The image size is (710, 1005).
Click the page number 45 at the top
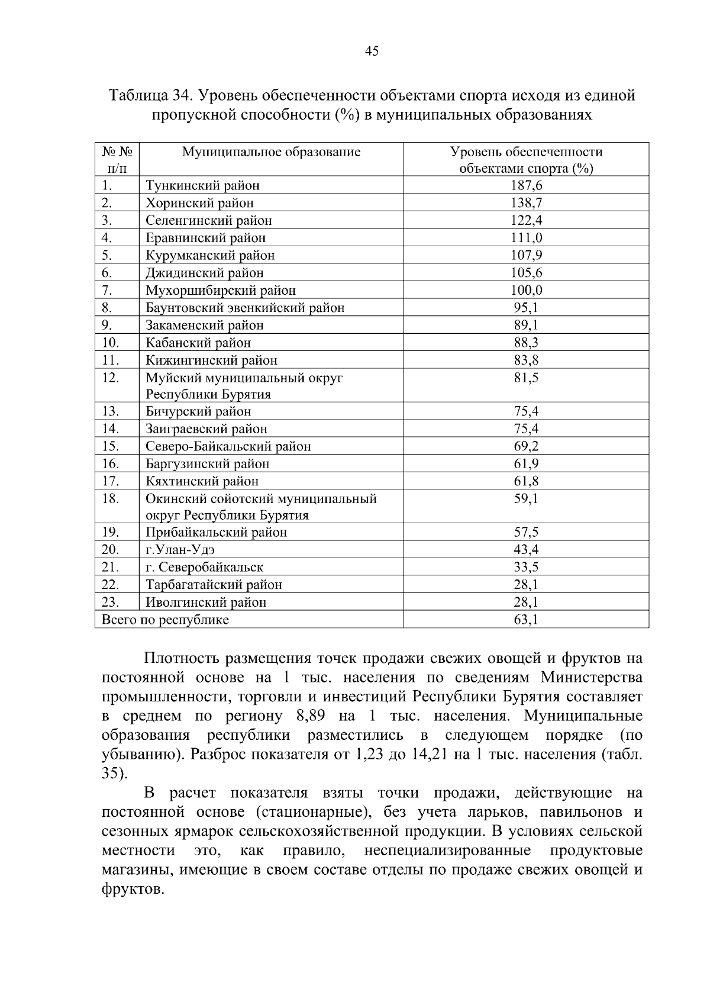tap(372, 51)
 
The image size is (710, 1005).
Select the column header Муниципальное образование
tap(271, 152)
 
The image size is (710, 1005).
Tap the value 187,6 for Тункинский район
tap(526, 186)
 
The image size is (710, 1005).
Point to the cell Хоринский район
tap(199, 203)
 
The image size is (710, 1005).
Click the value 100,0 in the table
tap(526, 290)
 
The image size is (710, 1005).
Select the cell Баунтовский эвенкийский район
tap(245, 308)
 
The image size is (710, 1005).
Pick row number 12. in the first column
tap(111, 377)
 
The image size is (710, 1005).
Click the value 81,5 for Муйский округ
tap(526, 377)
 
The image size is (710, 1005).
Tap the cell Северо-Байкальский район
tap(228, 446)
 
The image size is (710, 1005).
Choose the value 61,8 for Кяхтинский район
tap(526, 481)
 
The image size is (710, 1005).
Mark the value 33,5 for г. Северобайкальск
tap(526, 567)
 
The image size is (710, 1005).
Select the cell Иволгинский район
tap(206, 603)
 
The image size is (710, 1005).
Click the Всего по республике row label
tap(165, 620)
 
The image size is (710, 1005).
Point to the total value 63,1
tap(526, 620)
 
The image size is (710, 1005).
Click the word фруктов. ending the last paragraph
tap(132, 890)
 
